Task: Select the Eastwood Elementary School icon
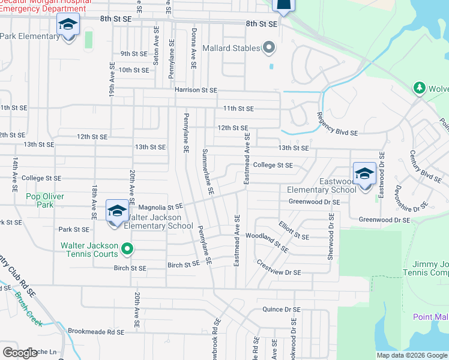(364, 174)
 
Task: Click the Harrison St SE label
(196, 90)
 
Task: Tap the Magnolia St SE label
(157, 206)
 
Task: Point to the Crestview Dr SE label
(278, 268)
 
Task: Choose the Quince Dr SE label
(281, 310)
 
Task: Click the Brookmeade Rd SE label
(96, 331)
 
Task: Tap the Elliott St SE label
(294, 232)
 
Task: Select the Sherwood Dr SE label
(331, 237)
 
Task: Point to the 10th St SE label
(133, 70)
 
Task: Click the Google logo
(20, 353)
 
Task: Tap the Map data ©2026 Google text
(412, 355)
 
